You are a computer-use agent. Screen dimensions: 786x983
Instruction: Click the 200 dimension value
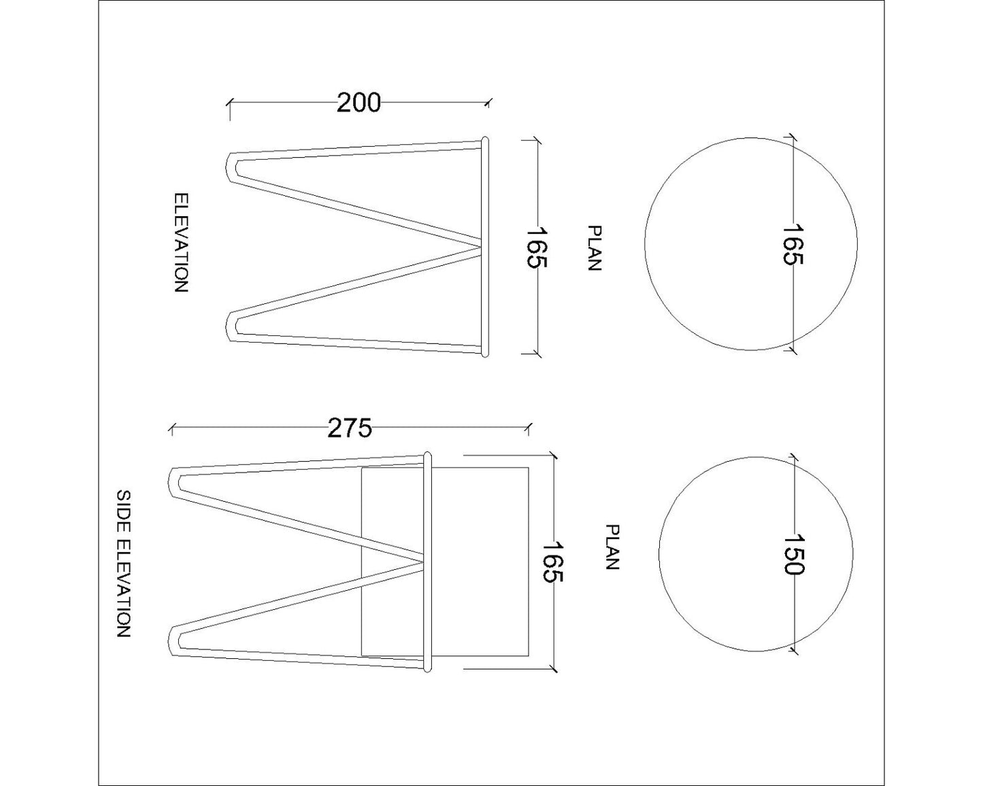tap(359, 103)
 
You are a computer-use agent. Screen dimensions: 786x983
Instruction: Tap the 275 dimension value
tap(350, 428)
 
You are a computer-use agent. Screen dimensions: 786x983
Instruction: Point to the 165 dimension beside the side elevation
tap(553, 562)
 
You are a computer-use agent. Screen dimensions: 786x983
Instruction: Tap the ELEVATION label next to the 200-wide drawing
tap(180, 243)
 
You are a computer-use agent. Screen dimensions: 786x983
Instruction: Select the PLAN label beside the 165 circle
tap(594, 248)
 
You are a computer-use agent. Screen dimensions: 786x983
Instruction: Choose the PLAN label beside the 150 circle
tap(612, 547)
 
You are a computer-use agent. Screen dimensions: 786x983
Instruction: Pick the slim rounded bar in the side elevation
tap(427, 562)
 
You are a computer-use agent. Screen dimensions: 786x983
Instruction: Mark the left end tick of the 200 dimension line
tap(230, 103)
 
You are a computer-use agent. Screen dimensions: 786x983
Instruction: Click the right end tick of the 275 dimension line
tap(529, 428)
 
